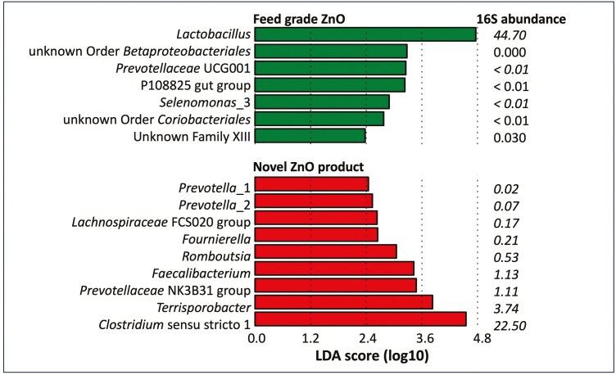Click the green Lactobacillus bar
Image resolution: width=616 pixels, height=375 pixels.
click(365, 34)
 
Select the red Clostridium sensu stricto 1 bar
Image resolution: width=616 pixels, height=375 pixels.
click(361, 319)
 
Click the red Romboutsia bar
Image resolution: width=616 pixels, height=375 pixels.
click(326, 251)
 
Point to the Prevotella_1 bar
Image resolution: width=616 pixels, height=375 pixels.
click(312, 184)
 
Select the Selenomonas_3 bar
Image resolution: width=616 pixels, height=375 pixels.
click(323, 102)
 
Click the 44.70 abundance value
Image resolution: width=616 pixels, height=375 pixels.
click(510, 34)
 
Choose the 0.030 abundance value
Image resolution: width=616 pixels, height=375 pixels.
click(510, 137)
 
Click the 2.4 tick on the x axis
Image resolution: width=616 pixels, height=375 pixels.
click(367, 338)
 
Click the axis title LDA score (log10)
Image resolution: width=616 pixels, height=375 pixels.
click(368, 357)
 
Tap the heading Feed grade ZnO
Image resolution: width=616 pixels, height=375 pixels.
click(300, 17)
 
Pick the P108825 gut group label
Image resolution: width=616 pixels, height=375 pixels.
click(195, 85)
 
